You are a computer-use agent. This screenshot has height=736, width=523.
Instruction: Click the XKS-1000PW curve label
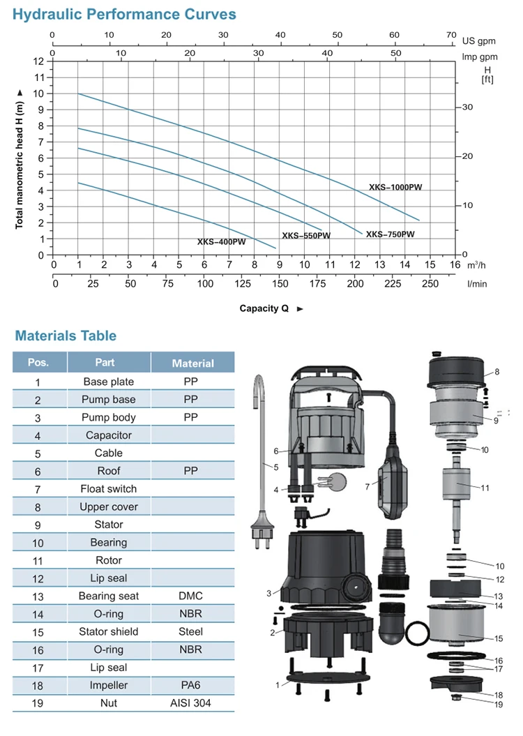[396, 187]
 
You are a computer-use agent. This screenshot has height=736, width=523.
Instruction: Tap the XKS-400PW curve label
[221, 242]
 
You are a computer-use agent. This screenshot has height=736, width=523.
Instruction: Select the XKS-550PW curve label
[306, 236]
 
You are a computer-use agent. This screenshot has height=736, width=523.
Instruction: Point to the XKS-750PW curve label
[391, 234]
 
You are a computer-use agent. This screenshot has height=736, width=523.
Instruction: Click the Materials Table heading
[66, 336]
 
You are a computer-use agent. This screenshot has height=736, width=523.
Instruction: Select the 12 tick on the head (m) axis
[38, 61]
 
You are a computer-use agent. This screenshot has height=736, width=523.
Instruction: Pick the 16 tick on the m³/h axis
[455, 265]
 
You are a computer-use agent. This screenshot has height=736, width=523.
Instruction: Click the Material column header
[192, 363]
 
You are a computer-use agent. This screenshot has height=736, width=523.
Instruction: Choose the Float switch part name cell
[108, 488]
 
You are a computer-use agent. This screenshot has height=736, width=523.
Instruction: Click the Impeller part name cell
[108, 686]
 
